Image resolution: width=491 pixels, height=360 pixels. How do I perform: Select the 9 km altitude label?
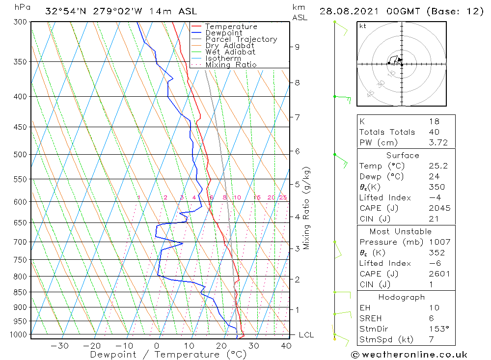point(297,47)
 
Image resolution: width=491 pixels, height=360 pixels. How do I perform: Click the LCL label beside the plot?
point(306,335)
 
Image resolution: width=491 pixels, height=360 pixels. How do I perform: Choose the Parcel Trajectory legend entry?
point(241,39)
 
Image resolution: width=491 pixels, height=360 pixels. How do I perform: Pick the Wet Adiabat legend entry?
point(230,52)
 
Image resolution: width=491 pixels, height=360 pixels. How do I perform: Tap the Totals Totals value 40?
point(434,132)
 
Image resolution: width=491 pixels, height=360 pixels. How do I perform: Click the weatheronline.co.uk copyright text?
point(409,355)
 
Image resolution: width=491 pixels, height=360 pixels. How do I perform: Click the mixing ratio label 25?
point(283,197)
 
